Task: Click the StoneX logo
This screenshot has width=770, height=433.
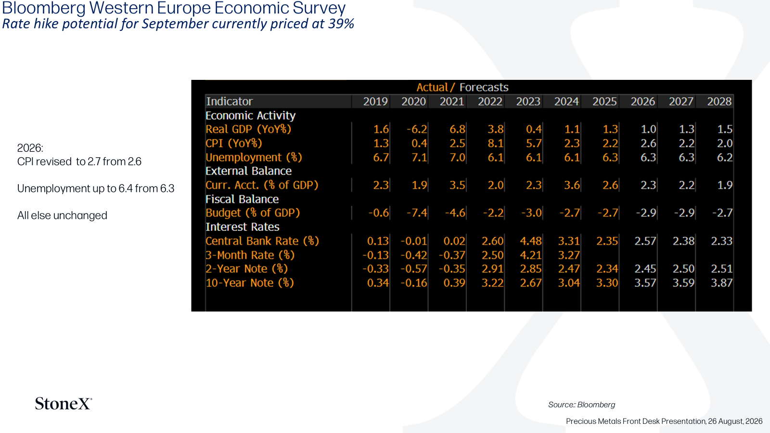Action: click(x=64, y=404)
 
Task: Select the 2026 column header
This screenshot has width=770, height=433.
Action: click(x=642, y=102)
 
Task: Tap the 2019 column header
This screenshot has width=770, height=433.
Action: click(x=375, y=102)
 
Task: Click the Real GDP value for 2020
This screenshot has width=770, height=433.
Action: click(x=417, y=129)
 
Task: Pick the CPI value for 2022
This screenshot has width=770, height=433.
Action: click(x=495, y=143)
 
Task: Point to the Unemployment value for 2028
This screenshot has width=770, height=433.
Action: click(x=725, y=157)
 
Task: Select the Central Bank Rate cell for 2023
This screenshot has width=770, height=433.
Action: click(x=531, y=241)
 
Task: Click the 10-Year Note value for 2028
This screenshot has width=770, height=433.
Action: click(x=721, y=283)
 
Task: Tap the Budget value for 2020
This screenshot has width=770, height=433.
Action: click(x=417, y=213)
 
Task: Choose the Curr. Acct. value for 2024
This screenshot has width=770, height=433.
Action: click(x=572, y=185)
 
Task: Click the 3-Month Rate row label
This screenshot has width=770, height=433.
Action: click(x=250, y=255)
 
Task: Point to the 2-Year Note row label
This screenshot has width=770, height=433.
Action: click(x=246, y=269)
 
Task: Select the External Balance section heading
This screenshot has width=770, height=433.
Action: click(x=248, y=171)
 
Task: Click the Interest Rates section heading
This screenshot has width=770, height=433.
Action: click(x=243, y=227)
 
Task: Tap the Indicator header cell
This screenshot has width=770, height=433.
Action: click(x=229, y=102)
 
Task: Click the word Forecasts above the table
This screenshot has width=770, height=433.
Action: click(x=484, y=87)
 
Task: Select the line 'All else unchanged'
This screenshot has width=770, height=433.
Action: click(x=62, y=216)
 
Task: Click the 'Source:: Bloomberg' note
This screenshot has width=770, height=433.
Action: click(x=582, y=405)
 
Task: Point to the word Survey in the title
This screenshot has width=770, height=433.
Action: click(x=320, y=8)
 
